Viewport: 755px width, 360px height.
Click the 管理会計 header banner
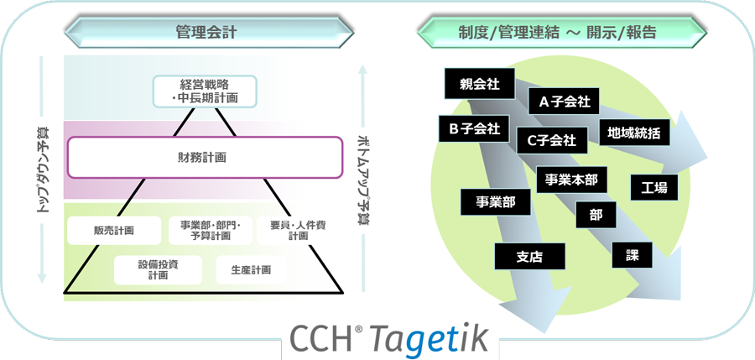[x=206, y=33]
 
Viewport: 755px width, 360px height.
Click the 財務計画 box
[x=205, y=157]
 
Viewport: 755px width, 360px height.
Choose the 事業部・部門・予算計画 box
[x=205, y=230]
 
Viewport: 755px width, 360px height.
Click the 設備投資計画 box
[x=159, y=269]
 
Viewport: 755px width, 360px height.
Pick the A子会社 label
[x=564, y=102]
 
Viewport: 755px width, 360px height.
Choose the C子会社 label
[x=551, y=140]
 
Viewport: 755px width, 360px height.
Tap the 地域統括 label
[x=633, y=132]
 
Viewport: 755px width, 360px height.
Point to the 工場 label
[x=653, y=188]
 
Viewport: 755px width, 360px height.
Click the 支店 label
[x=529, y=257]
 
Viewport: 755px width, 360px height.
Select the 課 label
[x=632, y=255]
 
